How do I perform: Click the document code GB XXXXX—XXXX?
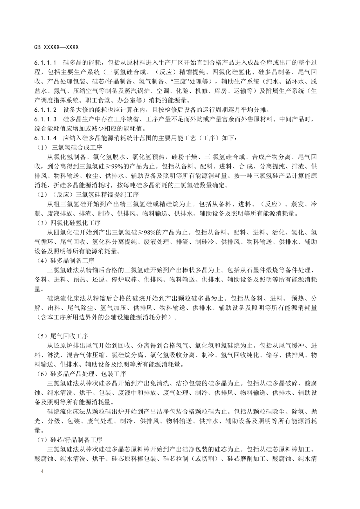pos(56,47)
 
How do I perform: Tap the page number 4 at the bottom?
pos(42,471)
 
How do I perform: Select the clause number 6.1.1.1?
pos(46,63)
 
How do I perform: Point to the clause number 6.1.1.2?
pos(46,110)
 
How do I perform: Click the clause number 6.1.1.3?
pos(46,119)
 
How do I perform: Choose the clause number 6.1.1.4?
pos(46,138)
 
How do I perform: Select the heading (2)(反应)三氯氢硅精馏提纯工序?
pos(87,194)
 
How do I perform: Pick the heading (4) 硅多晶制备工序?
pos(66,260)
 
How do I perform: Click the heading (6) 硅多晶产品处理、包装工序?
pos(81,374)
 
